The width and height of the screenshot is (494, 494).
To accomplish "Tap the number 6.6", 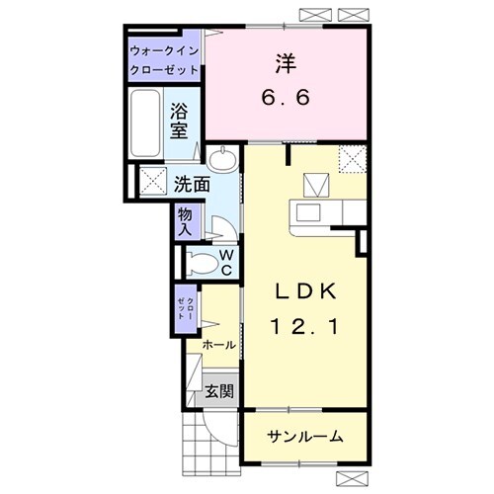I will click(x=285, y=99).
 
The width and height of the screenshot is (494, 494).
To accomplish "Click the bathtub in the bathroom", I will click(x=145, y=124).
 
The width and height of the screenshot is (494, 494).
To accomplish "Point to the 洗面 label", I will click(x=191, y=184).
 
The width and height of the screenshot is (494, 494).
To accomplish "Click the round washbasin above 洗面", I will click(x=225, y=158).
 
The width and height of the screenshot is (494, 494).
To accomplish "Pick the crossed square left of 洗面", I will click(x=152, y=182).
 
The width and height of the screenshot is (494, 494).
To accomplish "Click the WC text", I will click(x=225, y=261).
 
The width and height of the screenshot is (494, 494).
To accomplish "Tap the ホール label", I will click(x=218, y=345).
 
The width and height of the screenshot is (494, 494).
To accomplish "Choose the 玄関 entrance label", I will click(x=219, y=391).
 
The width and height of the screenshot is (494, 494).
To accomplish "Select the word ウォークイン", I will click(x=164, y=50).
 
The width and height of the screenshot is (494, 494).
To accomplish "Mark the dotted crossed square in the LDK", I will click(x=351, y=158).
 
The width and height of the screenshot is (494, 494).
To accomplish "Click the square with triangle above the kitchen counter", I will click(x=316, y=182).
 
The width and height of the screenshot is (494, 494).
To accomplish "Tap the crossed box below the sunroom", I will click(x=353, y=481).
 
